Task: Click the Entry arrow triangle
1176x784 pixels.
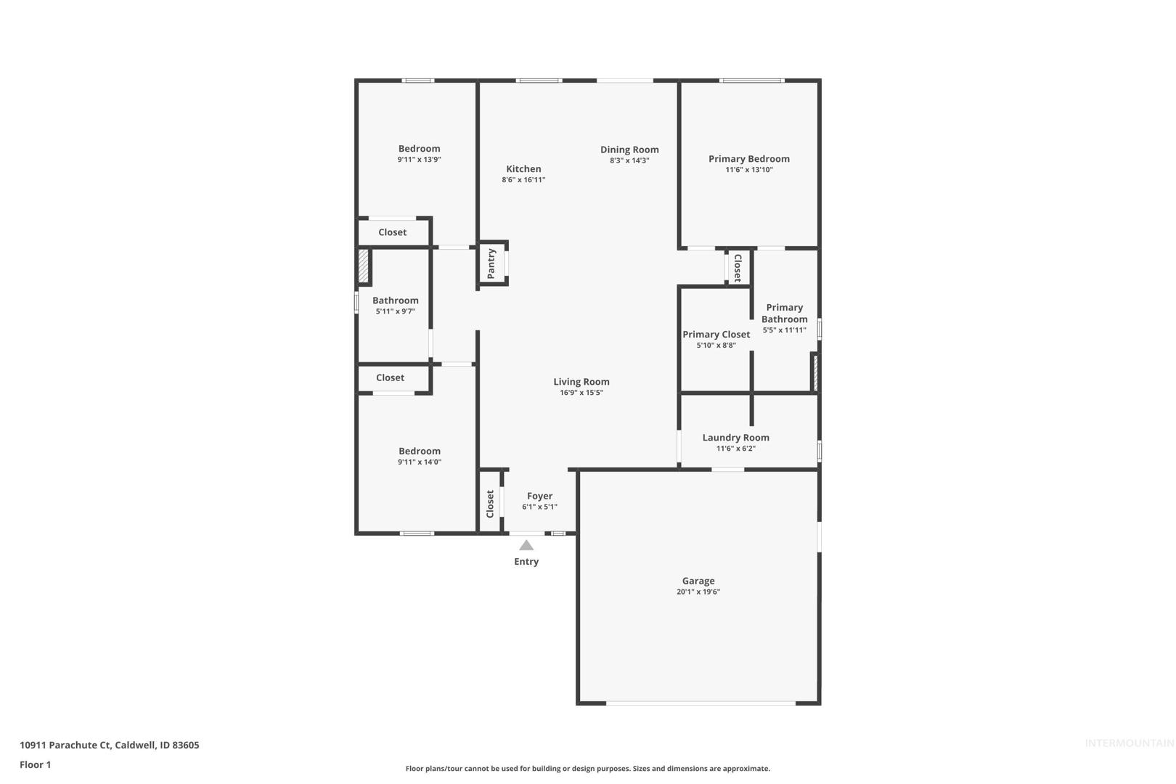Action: [x=526, y=545]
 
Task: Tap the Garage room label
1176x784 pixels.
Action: [x=698, y=581]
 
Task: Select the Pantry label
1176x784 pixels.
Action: [x=491, y=264]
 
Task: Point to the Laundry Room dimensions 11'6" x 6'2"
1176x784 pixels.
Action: [x=736, y=449]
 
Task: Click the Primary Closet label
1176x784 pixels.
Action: [x=716, y=335]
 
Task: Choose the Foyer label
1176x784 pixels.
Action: [x=539, y=497]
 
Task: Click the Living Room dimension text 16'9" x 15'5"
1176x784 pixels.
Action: [x=581, y=393]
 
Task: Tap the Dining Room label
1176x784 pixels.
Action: [x=629, y=150]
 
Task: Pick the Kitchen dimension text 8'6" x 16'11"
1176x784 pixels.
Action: [x=523, y=180]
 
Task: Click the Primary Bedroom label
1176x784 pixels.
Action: [x=749, y=159]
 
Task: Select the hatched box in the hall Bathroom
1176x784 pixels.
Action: [x=363, y=266]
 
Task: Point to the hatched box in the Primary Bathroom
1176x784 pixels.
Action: [x=815, y=373]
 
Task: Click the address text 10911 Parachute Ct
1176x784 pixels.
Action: [x=65, y=745]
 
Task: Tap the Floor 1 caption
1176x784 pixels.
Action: [x=35, y=765]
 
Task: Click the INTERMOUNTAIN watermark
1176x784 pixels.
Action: [x=1130, y=743]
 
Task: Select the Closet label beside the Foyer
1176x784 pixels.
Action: [x=490, y=504]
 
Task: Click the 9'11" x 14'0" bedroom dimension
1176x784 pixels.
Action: [x=420, y=462]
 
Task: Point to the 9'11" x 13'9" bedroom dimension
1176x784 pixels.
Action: [x=419, y=160]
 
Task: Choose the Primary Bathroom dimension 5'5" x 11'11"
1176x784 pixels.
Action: [x=784, y=330]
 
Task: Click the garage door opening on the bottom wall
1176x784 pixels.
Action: [x=701, y=703]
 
